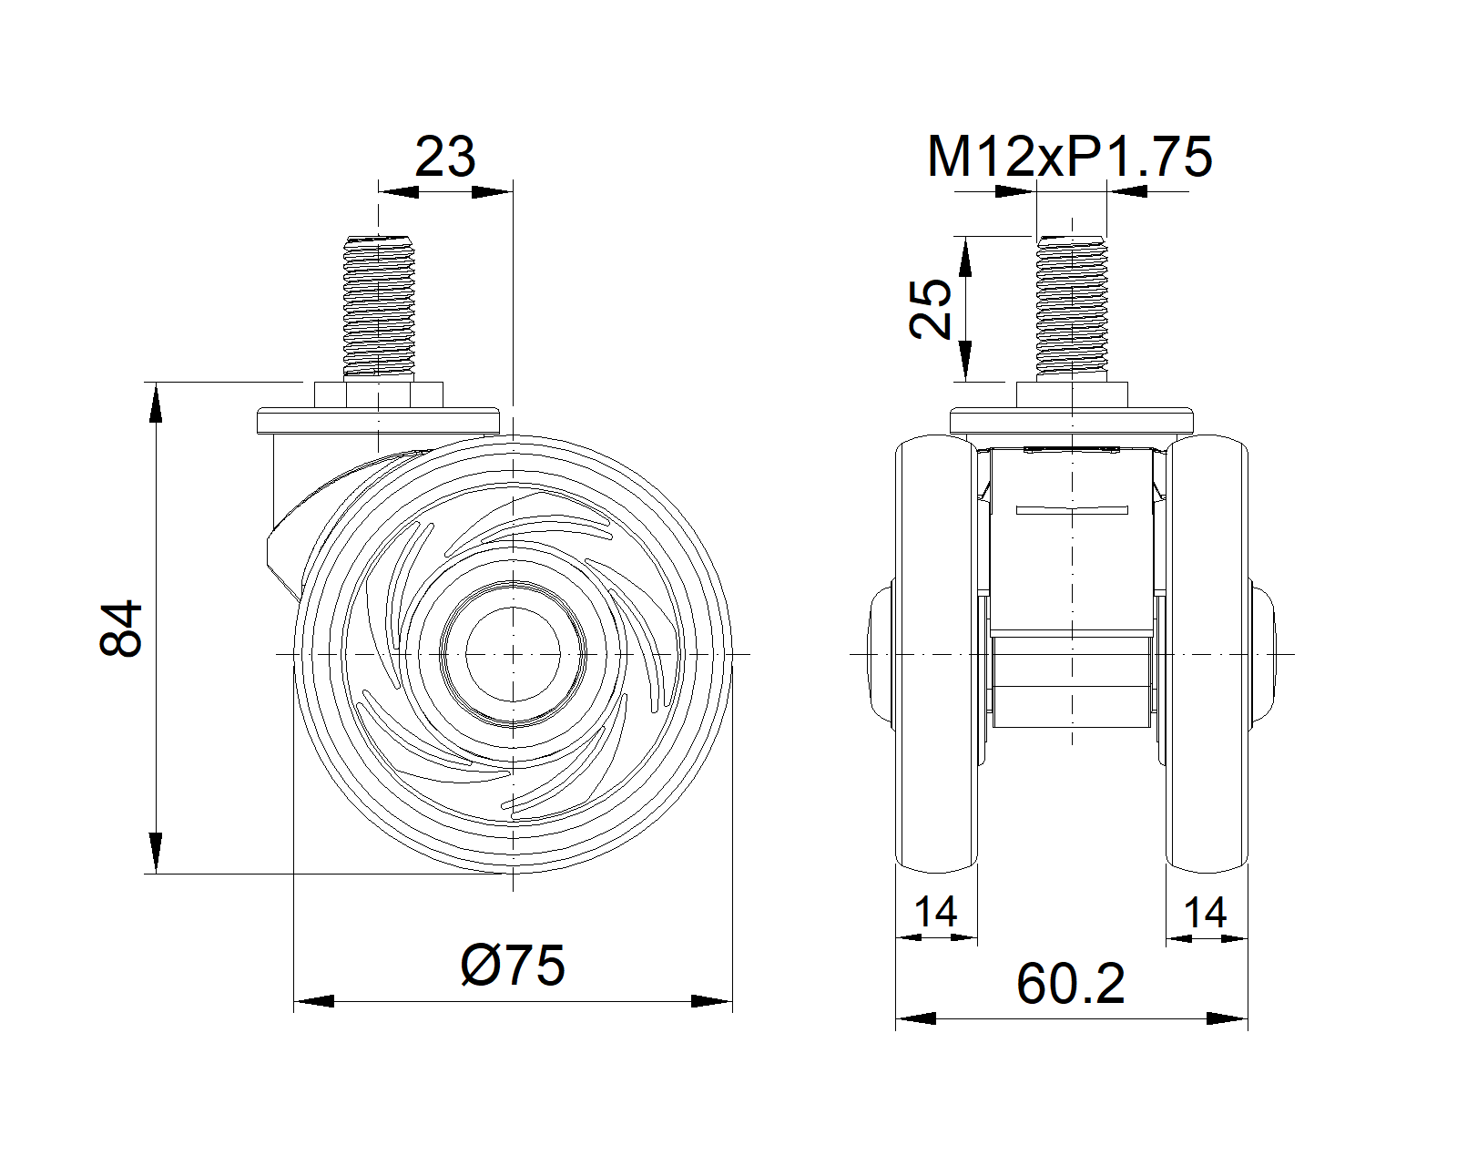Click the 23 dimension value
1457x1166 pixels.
pyautogui.click(x=444, y=158)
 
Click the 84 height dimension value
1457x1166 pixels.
pyautogui.click(x=120, y=628)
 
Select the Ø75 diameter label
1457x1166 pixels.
pyautogui.click(x=513, y=965)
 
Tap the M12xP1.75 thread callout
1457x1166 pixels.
pyautogui.click(x=1069, y=158)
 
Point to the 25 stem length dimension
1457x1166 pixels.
pyautogui.click(x=930, y=308)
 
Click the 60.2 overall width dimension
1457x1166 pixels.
pyautogui.click(x=1070, y=984)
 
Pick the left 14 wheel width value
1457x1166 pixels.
pyautogui.click(x=936, y=912)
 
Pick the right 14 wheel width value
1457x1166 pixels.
pyautogui.click(x=1205, y=912)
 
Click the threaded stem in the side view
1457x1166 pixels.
pyautogui.click(x=379, y=306)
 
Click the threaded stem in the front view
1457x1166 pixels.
pyautogui.click(x=1072, y=306)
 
